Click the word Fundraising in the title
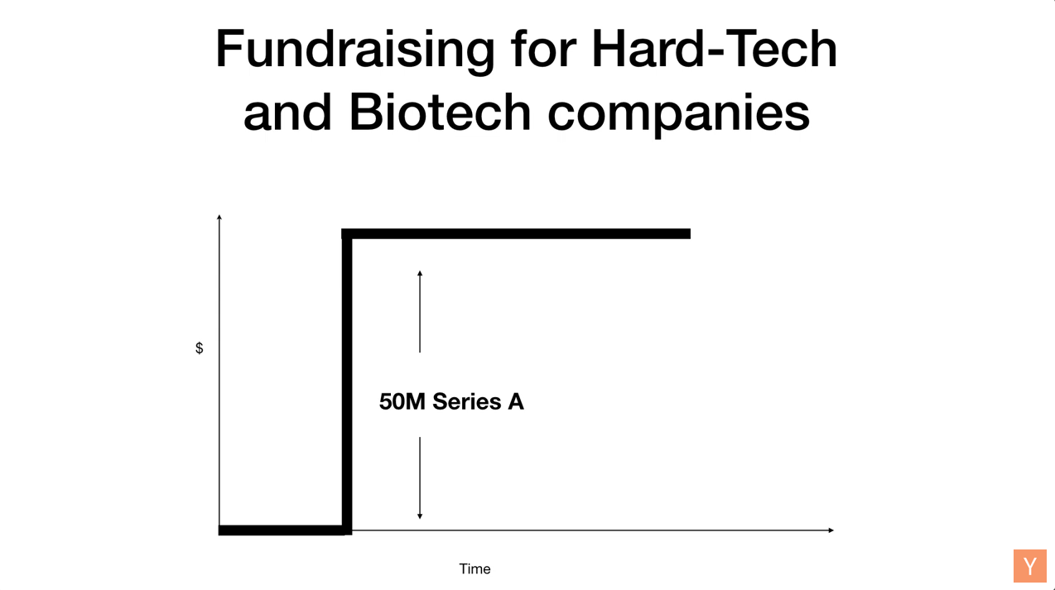pyautogui.click(x=355, y=50)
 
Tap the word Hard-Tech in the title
pyautogui.click(x=714, y=48)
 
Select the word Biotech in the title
pyautogui.click(x=440, y=112)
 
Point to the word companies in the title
pyautogui.click(x=678, y=115)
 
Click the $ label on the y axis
pyautogui.click(x=200, y=348)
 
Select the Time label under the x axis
pyautogui.click(x=475, y=568)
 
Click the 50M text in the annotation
pyautogui.click(x=402, y=402)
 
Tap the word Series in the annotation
pyautogui.click(x=467, y=402)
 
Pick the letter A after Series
pyautogui.click(x=516, y=402)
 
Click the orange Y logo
pyautogui.click(x=1030, y=566)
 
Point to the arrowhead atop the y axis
pyautogui.click(x=219, y=217)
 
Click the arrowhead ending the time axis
pyautogui.click(x=831, y=530)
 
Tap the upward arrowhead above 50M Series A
pyautogui.click(x=420, y=273)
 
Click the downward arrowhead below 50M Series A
pyautogui.click(x=420, y=516)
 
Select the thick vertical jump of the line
pyautogui.click(x=347, y=382)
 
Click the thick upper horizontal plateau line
pyautogui.click(x=516, y=234)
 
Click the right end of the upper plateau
pyautogui.click(x=690, y=234)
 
